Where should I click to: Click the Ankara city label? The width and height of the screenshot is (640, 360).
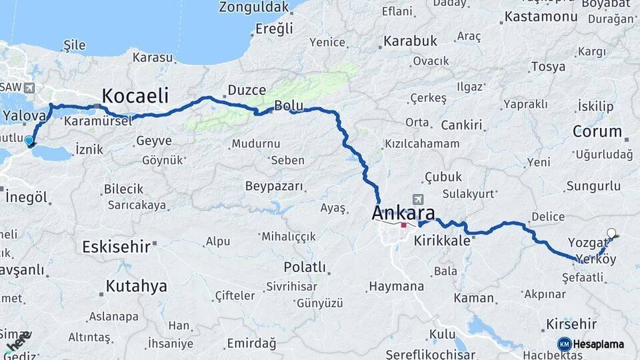(x=403, y=214)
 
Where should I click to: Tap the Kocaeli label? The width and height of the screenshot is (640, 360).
(x=135, y=95)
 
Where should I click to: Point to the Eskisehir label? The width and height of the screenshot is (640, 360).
(x=115, y=247)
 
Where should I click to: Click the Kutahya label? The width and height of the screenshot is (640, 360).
(x=136, y=287)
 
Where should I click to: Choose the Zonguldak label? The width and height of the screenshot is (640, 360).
(x=255, y=7)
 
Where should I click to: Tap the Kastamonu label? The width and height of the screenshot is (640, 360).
(x=540, y=17)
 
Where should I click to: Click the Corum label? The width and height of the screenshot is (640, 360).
(x=597, y=131)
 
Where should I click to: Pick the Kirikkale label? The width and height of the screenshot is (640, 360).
(x=442, y=241)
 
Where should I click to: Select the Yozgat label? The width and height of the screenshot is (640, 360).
(x=587, y=242)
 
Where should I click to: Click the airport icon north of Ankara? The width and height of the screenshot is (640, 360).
(x=418, y=199)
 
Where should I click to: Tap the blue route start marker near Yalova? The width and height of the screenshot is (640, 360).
(x=29, y=141)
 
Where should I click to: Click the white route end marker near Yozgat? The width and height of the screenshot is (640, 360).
(x=611, y=233)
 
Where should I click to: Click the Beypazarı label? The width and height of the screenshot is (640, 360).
(x=273, y=186)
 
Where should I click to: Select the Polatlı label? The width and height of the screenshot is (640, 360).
(x=305, y=267)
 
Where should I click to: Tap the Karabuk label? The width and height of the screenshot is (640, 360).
(x=410, y=41)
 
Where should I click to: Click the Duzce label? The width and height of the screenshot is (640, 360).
(x=247, y=90)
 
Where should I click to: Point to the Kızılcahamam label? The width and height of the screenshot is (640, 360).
(x=422, y=143)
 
